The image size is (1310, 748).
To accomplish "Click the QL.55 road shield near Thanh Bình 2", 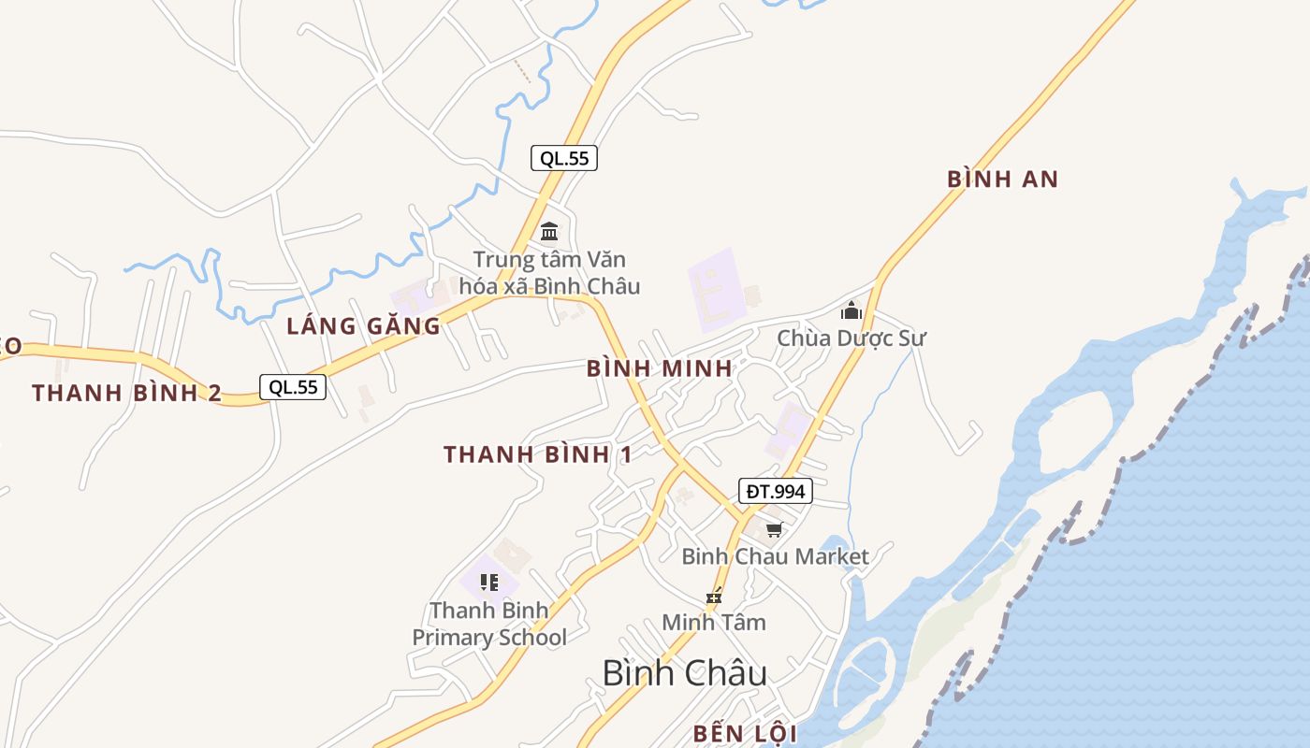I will coord(293,387).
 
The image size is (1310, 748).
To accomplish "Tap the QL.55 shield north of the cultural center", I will coord(564,158).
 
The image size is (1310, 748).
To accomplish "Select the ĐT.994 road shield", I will coord(775,491).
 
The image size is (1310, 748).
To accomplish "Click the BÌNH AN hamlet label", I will coord(1002,180).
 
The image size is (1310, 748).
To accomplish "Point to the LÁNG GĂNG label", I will coord(363,326).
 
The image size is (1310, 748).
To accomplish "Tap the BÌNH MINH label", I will coord(660,368).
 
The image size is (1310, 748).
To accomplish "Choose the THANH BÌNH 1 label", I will coord(538,455).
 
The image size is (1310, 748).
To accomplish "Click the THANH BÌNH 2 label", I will coord(127,393).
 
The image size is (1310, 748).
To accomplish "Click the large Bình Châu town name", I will coord(685,673).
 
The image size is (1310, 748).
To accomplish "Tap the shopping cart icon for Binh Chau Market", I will coord(774,530).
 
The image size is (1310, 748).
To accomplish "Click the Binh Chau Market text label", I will coord(775,556).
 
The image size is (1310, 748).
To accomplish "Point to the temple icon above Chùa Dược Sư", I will coord(851,309).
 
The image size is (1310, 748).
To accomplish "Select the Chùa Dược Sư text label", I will coord(851,338).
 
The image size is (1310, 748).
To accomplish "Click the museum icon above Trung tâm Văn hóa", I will coord(549,231).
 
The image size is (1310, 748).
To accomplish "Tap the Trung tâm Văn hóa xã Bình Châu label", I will coord(549,272).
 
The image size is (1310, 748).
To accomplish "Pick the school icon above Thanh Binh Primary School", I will coord(488,583).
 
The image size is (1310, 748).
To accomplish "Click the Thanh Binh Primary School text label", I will coord(489,624).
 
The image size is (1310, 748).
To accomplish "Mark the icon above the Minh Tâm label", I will coord(715,596).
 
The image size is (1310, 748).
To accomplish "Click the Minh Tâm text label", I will coord(714,622).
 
